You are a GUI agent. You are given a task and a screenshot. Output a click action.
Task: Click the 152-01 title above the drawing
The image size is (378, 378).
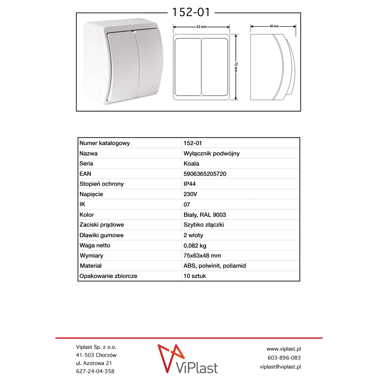point(191,12)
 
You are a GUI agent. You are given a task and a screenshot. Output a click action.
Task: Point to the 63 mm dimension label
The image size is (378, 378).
point(201,27)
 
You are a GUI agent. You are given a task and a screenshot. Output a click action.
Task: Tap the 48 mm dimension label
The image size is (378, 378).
point(274,26)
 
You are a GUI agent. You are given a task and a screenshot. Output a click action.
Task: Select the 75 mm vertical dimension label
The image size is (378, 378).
point(236,67)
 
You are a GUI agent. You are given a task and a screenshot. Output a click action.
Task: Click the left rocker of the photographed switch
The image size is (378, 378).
point(122,66)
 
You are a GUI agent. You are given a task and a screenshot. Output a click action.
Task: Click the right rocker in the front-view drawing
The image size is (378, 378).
point(215,67)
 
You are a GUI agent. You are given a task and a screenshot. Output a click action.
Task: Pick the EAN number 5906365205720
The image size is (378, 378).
point(205,174)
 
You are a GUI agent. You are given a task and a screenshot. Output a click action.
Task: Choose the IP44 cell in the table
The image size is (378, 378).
point(190,184)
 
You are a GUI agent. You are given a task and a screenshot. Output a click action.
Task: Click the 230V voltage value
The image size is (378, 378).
point(190,194)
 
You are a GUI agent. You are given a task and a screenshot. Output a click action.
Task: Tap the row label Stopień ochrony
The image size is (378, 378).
point(101,184)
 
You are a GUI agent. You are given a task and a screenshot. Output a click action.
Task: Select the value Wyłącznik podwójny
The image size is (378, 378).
point(211,153)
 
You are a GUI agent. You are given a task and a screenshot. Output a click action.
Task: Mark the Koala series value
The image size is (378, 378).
point(191,163)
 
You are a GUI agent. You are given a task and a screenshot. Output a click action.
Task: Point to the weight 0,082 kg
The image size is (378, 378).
point(195,246)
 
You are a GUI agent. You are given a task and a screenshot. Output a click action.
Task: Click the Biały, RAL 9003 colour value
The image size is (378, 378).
point(205,215)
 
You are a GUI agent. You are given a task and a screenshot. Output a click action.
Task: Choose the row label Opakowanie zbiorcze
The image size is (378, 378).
point(108,276)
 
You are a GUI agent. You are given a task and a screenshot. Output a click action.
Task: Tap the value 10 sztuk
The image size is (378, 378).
point(195,276)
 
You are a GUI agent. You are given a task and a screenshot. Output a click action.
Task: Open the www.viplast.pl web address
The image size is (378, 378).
point(283,349)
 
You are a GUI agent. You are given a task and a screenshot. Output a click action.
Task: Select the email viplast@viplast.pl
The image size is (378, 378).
point(280,367)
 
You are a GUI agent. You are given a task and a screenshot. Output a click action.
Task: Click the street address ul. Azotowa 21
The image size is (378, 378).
point(94,363)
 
